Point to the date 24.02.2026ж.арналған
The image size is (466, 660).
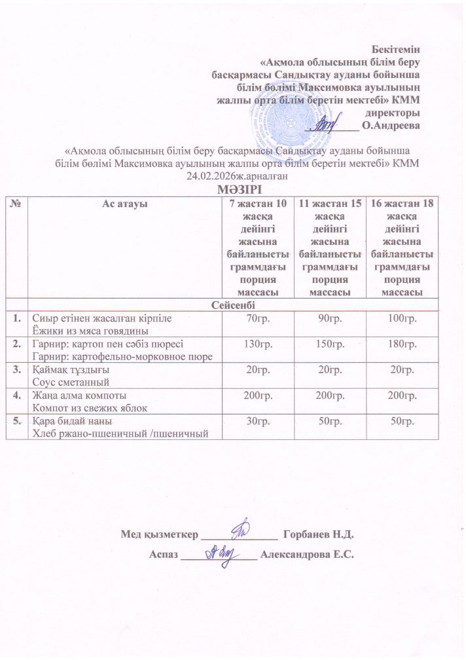point(237,175)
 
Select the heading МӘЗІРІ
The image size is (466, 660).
point(238,189)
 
